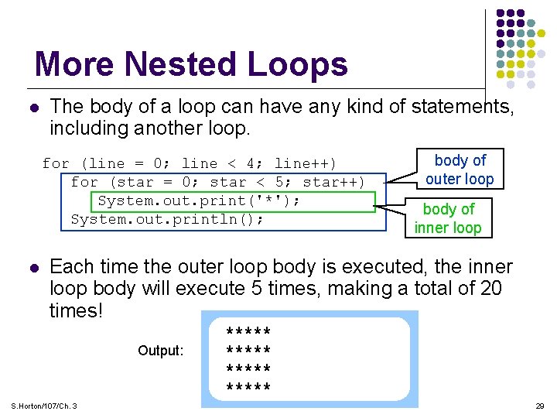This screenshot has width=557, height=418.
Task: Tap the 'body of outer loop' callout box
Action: (460, 170)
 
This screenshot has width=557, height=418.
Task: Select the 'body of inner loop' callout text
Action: (448, 218)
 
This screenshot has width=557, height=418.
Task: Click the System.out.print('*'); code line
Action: (198, 201)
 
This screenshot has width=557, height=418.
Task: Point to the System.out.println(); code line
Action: (167, 220)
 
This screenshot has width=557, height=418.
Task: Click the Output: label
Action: (161, 351)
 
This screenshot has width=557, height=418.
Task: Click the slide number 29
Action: (540, 406)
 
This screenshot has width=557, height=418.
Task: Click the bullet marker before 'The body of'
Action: (31, 106)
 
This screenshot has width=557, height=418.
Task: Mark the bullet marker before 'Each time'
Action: (31, 267)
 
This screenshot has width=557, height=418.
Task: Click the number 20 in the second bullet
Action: (490, 289)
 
